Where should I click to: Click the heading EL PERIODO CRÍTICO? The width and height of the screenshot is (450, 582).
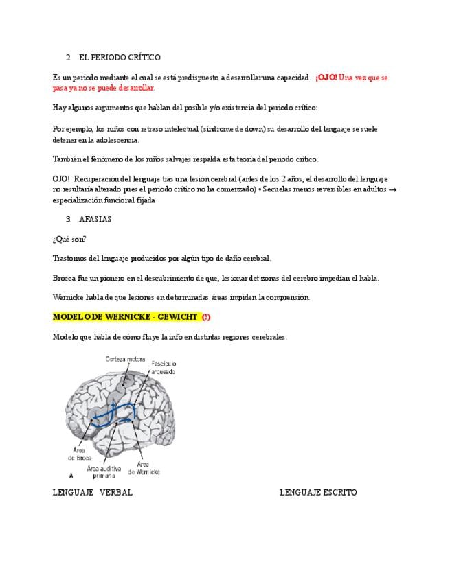pyautogui.click(x=120, y=58)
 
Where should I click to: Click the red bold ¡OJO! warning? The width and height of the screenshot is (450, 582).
pyautogui.click(x=326, y=78)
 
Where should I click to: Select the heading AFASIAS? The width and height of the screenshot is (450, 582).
pyautogui.click(x=95, y=219)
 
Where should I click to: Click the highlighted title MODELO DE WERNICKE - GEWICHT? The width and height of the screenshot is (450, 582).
pyautogui.click(x=125, y=316)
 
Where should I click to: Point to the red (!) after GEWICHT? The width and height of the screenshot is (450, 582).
pyautogui.click(x=206, y=316)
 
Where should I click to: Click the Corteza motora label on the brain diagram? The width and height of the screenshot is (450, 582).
pyautogui.click(x=125, y=359)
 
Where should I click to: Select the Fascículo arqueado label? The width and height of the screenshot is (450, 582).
pyautogui.click(x=164, y=367)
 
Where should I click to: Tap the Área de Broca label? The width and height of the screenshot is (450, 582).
pyautogui.click(x=80, y=454)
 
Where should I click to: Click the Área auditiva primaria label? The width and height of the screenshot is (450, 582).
pyautogui.click(x=104, y=472)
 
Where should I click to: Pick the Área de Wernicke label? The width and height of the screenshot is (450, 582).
pyautogui.click(x=144, y=468)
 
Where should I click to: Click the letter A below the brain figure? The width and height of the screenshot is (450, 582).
pyautogui.click(x=71, y=476)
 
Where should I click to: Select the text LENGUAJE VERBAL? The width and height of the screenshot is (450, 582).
pyautogui.click(x=93, y=493)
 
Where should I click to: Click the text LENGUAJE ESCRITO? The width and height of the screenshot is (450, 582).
pyautogui.click(x=318, y=493)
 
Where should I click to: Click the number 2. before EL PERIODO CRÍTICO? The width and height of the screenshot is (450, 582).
pyautogui.click(x=69, y=58)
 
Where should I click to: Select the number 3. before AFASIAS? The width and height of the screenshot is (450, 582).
pyautogui.click(x=69, y=219)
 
